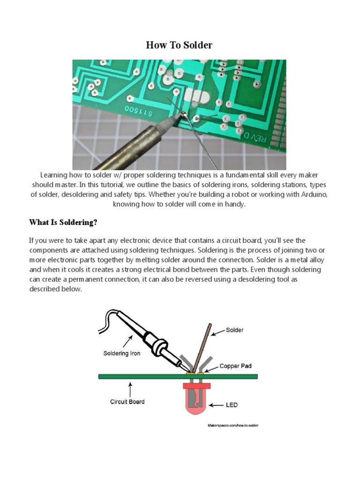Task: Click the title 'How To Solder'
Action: [179, 45]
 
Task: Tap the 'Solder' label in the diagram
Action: [234, 330]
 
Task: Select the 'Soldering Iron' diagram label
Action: [121, 353]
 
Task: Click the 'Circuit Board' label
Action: [127, 401]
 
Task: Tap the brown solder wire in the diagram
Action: [204, 346]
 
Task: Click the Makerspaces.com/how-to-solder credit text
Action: [232, 425]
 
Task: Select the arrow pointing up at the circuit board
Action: [130, 388]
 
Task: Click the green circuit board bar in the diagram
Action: [141, 376]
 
